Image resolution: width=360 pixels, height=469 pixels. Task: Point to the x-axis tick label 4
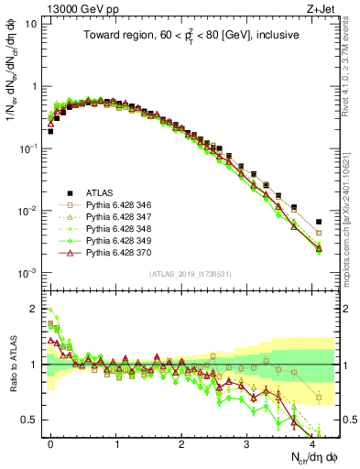312,442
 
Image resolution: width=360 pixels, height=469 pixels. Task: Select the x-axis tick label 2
181,442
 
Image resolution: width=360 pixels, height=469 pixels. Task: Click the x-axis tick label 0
50,442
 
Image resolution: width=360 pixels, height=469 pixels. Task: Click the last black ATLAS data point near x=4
319,222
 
